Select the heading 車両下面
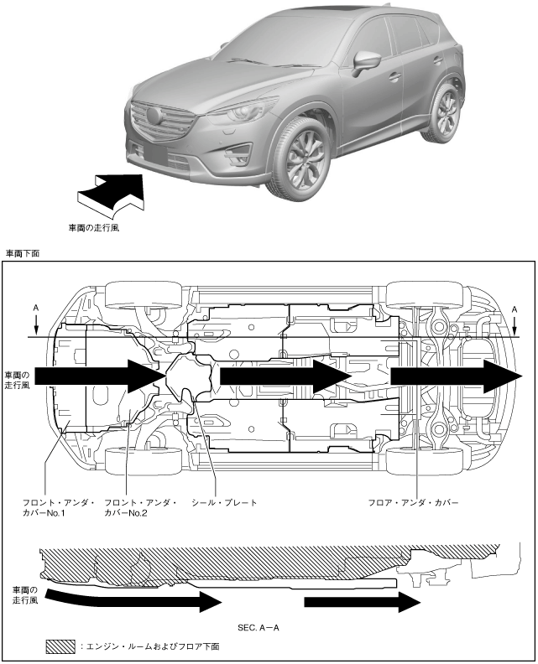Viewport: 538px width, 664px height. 23,252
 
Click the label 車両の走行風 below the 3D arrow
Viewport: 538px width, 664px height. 93,226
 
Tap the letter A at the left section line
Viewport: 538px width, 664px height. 36,308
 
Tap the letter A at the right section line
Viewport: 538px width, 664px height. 514,308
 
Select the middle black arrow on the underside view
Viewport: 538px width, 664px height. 284,379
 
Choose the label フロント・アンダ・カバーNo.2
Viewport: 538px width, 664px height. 140,507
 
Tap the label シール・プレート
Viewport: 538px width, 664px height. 224,502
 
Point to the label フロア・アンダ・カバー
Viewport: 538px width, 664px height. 414,502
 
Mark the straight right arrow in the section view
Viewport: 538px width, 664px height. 362,602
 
